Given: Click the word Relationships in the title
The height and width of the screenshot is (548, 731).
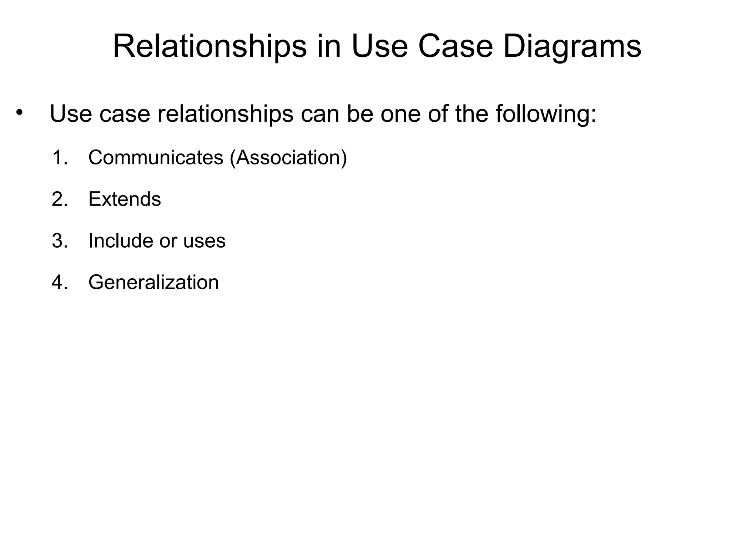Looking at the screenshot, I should pos(210,46).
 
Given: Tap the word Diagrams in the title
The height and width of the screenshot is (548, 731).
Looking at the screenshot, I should pos(572,46).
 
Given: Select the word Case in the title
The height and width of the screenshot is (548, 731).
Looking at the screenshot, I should pos(455,46).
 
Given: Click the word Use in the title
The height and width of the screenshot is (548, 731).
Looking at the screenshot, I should pos(379,46).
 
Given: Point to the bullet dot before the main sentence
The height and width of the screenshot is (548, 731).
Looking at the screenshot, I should pos(19,113).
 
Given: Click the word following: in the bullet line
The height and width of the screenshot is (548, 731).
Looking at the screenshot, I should pos(546,114).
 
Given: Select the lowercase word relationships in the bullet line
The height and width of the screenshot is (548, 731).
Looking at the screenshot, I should pos(225,114).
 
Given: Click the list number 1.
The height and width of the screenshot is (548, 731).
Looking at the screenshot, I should pos(60,157).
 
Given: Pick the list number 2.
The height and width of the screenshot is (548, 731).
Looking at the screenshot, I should pos(60,199).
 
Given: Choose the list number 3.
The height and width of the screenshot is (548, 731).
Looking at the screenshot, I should pos(60,241).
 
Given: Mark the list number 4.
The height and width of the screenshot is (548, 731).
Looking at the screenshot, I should pos(60,283).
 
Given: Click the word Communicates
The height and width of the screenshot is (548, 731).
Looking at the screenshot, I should pos(156,157).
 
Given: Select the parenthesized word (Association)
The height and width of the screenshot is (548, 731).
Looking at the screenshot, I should pos(288,157).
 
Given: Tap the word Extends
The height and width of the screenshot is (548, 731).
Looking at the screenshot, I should pos(125,199).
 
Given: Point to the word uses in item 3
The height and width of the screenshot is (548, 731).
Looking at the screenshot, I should pos(204,241).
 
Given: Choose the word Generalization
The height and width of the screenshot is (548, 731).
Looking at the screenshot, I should pos(153,283).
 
